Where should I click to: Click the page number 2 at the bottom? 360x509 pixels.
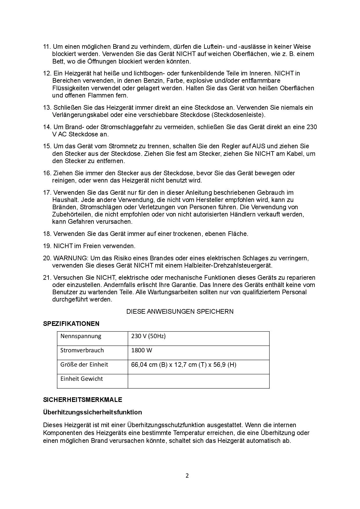pos(187,476)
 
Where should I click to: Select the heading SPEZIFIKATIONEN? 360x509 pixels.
pos(71,324)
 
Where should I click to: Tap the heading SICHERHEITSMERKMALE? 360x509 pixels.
pos(82,400)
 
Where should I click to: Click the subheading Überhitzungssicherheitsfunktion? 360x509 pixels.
pos(92,412)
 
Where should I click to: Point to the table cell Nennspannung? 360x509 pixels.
pos(81,336)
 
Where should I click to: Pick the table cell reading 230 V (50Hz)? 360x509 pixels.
pos(148,336)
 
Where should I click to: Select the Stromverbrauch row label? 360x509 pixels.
pos(82,350)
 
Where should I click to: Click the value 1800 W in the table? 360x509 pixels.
pos(142,350)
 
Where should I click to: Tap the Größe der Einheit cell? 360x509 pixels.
pos(84,364)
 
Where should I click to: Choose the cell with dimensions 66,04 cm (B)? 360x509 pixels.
pos(183,364)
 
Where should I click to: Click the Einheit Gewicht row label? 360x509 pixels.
pos(82,379)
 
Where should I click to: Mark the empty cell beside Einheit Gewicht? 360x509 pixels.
pos(198,381)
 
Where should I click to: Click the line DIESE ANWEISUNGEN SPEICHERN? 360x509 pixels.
pos(180,311)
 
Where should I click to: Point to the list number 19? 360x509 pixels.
pos(47,246)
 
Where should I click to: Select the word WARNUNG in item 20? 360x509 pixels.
pos(70,258)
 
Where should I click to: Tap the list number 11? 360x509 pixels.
pos(47,47)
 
